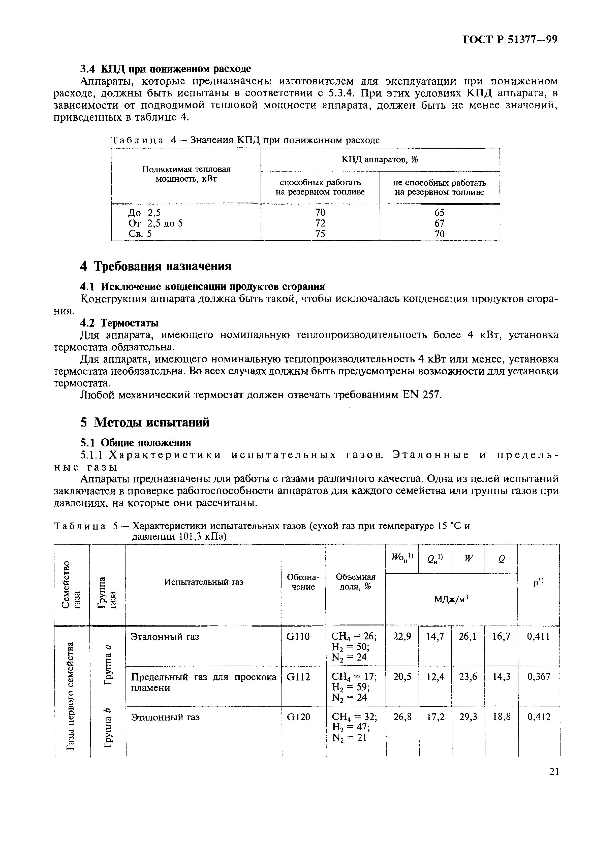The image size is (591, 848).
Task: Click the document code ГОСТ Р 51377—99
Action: click(x=510, y=40)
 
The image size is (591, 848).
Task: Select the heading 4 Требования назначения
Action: click(x=155, y=266)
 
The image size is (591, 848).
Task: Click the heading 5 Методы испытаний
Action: click(x=145, y=422)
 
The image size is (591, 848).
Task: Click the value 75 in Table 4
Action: click(x=320, y=234)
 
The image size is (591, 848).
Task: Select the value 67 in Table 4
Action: click(x=439, y=223)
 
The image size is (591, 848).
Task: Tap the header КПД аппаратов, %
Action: click(x=380, y=159)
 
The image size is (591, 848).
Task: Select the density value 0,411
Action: click(x=538, y=636)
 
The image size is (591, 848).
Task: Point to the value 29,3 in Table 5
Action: click(x=467, y=717)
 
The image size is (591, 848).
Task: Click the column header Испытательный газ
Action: click(x=204, y=582)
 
